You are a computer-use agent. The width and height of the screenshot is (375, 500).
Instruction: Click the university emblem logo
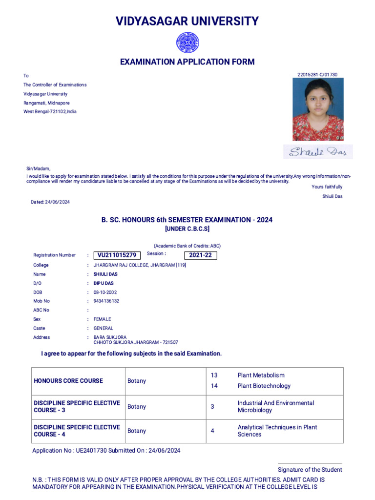187,42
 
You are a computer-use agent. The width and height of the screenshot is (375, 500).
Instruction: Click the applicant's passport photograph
318,109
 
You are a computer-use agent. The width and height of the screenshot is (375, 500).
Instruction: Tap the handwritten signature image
318,152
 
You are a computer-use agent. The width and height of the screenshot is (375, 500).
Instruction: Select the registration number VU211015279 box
117,255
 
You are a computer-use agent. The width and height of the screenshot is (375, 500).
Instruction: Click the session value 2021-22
200,255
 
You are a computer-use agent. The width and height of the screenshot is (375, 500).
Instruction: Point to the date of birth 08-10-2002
106,292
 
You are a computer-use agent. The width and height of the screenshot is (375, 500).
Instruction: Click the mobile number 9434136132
106,301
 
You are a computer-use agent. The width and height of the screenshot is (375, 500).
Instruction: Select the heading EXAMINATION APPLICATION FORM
187,62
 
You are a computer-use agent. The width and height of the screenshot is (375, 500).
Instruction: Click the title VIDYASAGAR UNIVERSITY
187,21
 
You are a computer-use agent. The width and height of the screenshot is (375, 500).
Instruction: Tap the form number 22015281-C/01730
317,75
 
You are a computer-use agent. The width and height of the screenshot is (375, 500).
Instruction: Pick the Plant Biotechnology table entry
264,386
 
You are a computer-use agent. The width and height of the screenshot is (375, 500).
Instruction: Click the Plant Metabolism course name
261,375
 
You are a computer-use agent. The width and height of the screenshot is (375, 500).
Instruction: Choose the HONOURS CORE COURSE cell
68,381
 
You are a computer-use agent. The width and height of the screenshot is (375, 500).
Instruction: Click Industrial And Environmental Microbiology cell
276,406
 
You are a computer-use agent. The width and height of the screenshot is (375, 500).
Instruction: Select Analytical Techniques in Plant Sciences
277,431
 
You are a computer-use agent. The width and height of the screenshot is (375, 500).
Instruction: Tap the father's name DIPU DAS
104,283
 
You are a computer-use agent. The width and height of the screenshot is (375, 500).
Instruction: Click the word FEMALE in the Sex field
102,319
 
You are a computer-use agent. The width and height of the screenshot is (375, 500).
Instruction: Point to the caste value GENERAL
104,328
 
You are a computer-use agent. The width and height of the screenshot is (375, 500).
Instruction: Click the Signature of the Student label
310,470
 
